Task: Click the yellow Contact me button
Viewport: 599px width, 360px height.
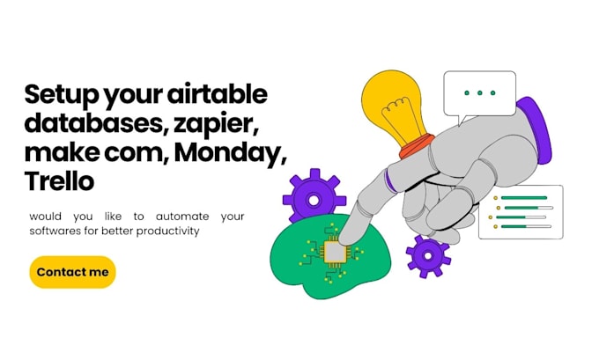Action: click(x=72, y=272)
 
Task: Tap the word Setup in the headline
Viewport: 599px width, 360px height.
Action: click(x=59, y=94)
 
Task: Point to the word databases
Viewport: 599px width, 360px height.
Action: click(x=88, y=123)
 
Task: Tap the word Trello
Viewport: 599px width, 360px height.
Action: click(x=59, y=181)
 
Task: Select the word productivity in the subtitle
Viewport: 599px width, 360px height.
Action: click(x=168, y=231)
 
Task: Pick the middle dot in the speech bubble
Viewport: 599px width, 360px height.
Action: click(x=479, y=92)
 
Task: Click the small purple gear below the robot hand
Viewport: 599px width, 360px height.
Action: click(x=428, y=256)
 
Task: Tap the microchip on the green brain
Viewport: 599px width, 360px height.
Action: click(x=335, y=253)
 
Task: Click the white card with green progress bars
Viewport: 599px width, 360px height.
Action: click(x=520, y=212)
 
